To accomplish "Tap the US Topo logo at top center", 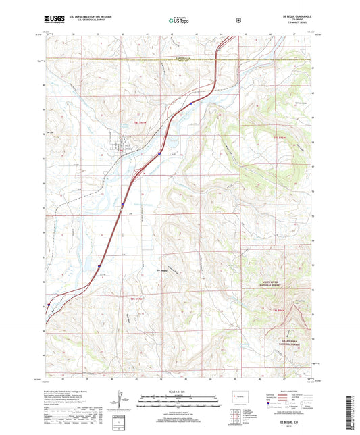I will (180, 21).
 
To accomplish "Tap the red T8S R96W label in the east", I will (281, 137).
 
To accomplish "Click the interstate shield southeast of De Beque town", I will (159, 154).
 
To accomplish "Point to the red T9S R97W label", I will (136, 298).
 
